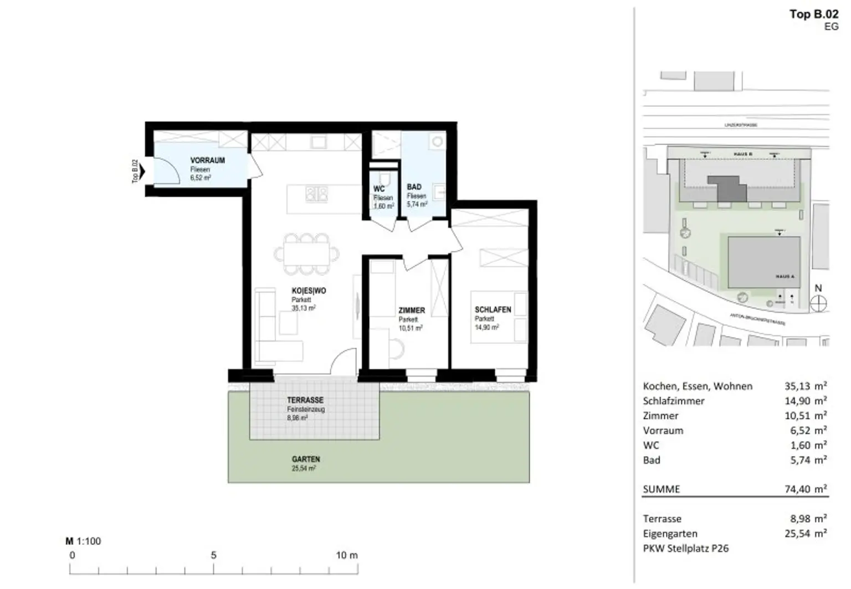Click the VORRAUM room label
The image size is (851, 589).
207,161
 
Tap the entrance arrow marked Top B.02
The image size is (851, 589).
142,172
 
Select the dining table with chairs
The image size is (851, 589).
306,254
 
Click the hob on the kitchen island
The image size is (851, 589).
317,194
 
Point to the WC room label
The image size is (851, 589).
379,189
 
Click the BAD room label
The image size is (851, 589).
414,187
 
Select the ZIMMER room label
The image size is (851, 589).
412,311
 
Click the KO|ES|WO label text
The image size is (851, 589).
309,291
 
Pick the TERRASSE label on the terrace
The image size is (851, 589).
305,400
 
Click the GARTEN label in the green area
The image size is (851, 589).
306,459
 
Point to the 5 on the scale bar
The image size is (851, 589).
213,555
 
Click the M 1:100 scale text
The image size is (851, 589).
83,541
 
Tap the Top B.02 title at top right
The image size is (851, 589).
813,14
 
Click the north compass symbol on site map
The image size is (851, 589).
818,303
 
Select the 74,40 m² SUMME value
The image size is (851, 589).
805,489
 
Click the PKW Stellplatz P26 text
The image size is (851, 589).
686,549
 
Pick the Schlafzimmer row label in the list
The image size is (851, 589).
674,401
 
